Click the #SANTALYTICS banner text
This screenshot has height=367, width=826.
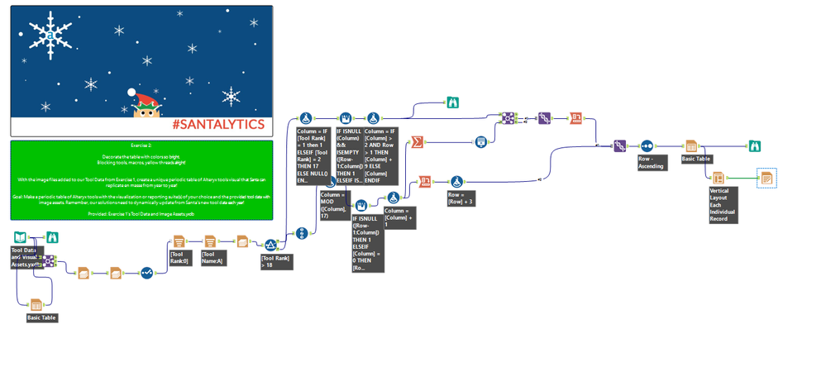(x=218, y=125)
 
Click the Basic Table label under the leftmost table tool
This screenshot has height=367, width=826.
(x=42, y=317)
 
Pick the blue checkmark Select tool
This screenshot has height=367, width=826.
(x=146, y=272)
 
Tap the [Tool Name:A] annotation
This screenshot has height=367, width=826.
(x=213, y=258)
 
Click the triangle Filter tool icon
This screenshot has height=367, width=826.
(x=270, y=244)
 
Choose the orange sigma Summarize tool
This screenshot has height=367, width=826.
(x=418, y=142)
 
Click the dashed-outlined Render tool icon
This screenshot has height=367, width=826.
(x=766, y=177)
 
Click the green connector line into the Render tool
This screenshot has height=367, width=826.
(x=742, y=177)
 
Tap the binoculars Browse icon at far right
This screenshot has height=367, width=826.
(x=754, y=146)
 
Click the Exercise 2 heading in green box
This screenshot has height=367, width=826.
(x=140, y=145)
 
